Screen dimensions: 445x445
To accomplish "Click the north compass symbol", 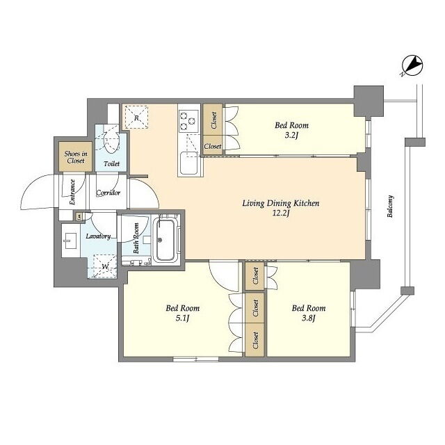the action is click(413, 66).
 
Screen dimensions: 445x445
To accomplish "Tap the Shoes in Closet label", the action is click(76, 157).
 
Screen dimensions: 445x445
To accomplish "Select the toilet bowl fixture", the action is click(111, 138).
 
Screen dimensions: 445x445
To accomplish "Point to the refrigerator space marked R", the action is click(136, 118).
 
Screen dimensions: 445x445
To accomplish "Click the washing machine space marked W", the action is click(105, 266).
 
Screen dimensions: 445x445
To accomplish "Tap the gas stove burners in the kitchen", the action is click(188, 121).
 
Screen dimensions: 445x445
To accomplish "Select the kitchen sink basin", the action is click(189, 163).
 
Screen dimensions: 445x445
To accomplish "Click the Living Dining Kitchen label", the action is click(281, 204).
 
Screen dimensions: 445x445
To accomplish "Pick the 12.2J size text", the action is click(281, 213).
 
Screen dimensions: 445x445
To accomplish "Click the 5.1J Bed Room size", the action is click(182, 318).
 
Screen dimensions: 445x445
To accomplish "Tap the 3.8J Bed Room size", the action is click(309, 318).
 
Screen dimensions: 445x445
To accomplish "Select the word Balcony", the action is click(391, 207).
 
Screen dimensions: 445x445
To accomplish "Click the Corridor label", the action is click(108, 193).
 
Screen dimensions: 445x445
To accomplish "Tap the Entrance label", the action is click(72, 192).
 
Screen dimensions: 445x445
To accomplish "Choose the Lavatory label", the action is click(98, 236).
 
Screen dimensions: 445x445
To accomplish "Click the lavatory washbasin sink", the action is click(70, 241).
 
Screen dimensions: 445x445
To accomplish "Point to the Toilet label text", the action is click(111, 164).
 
